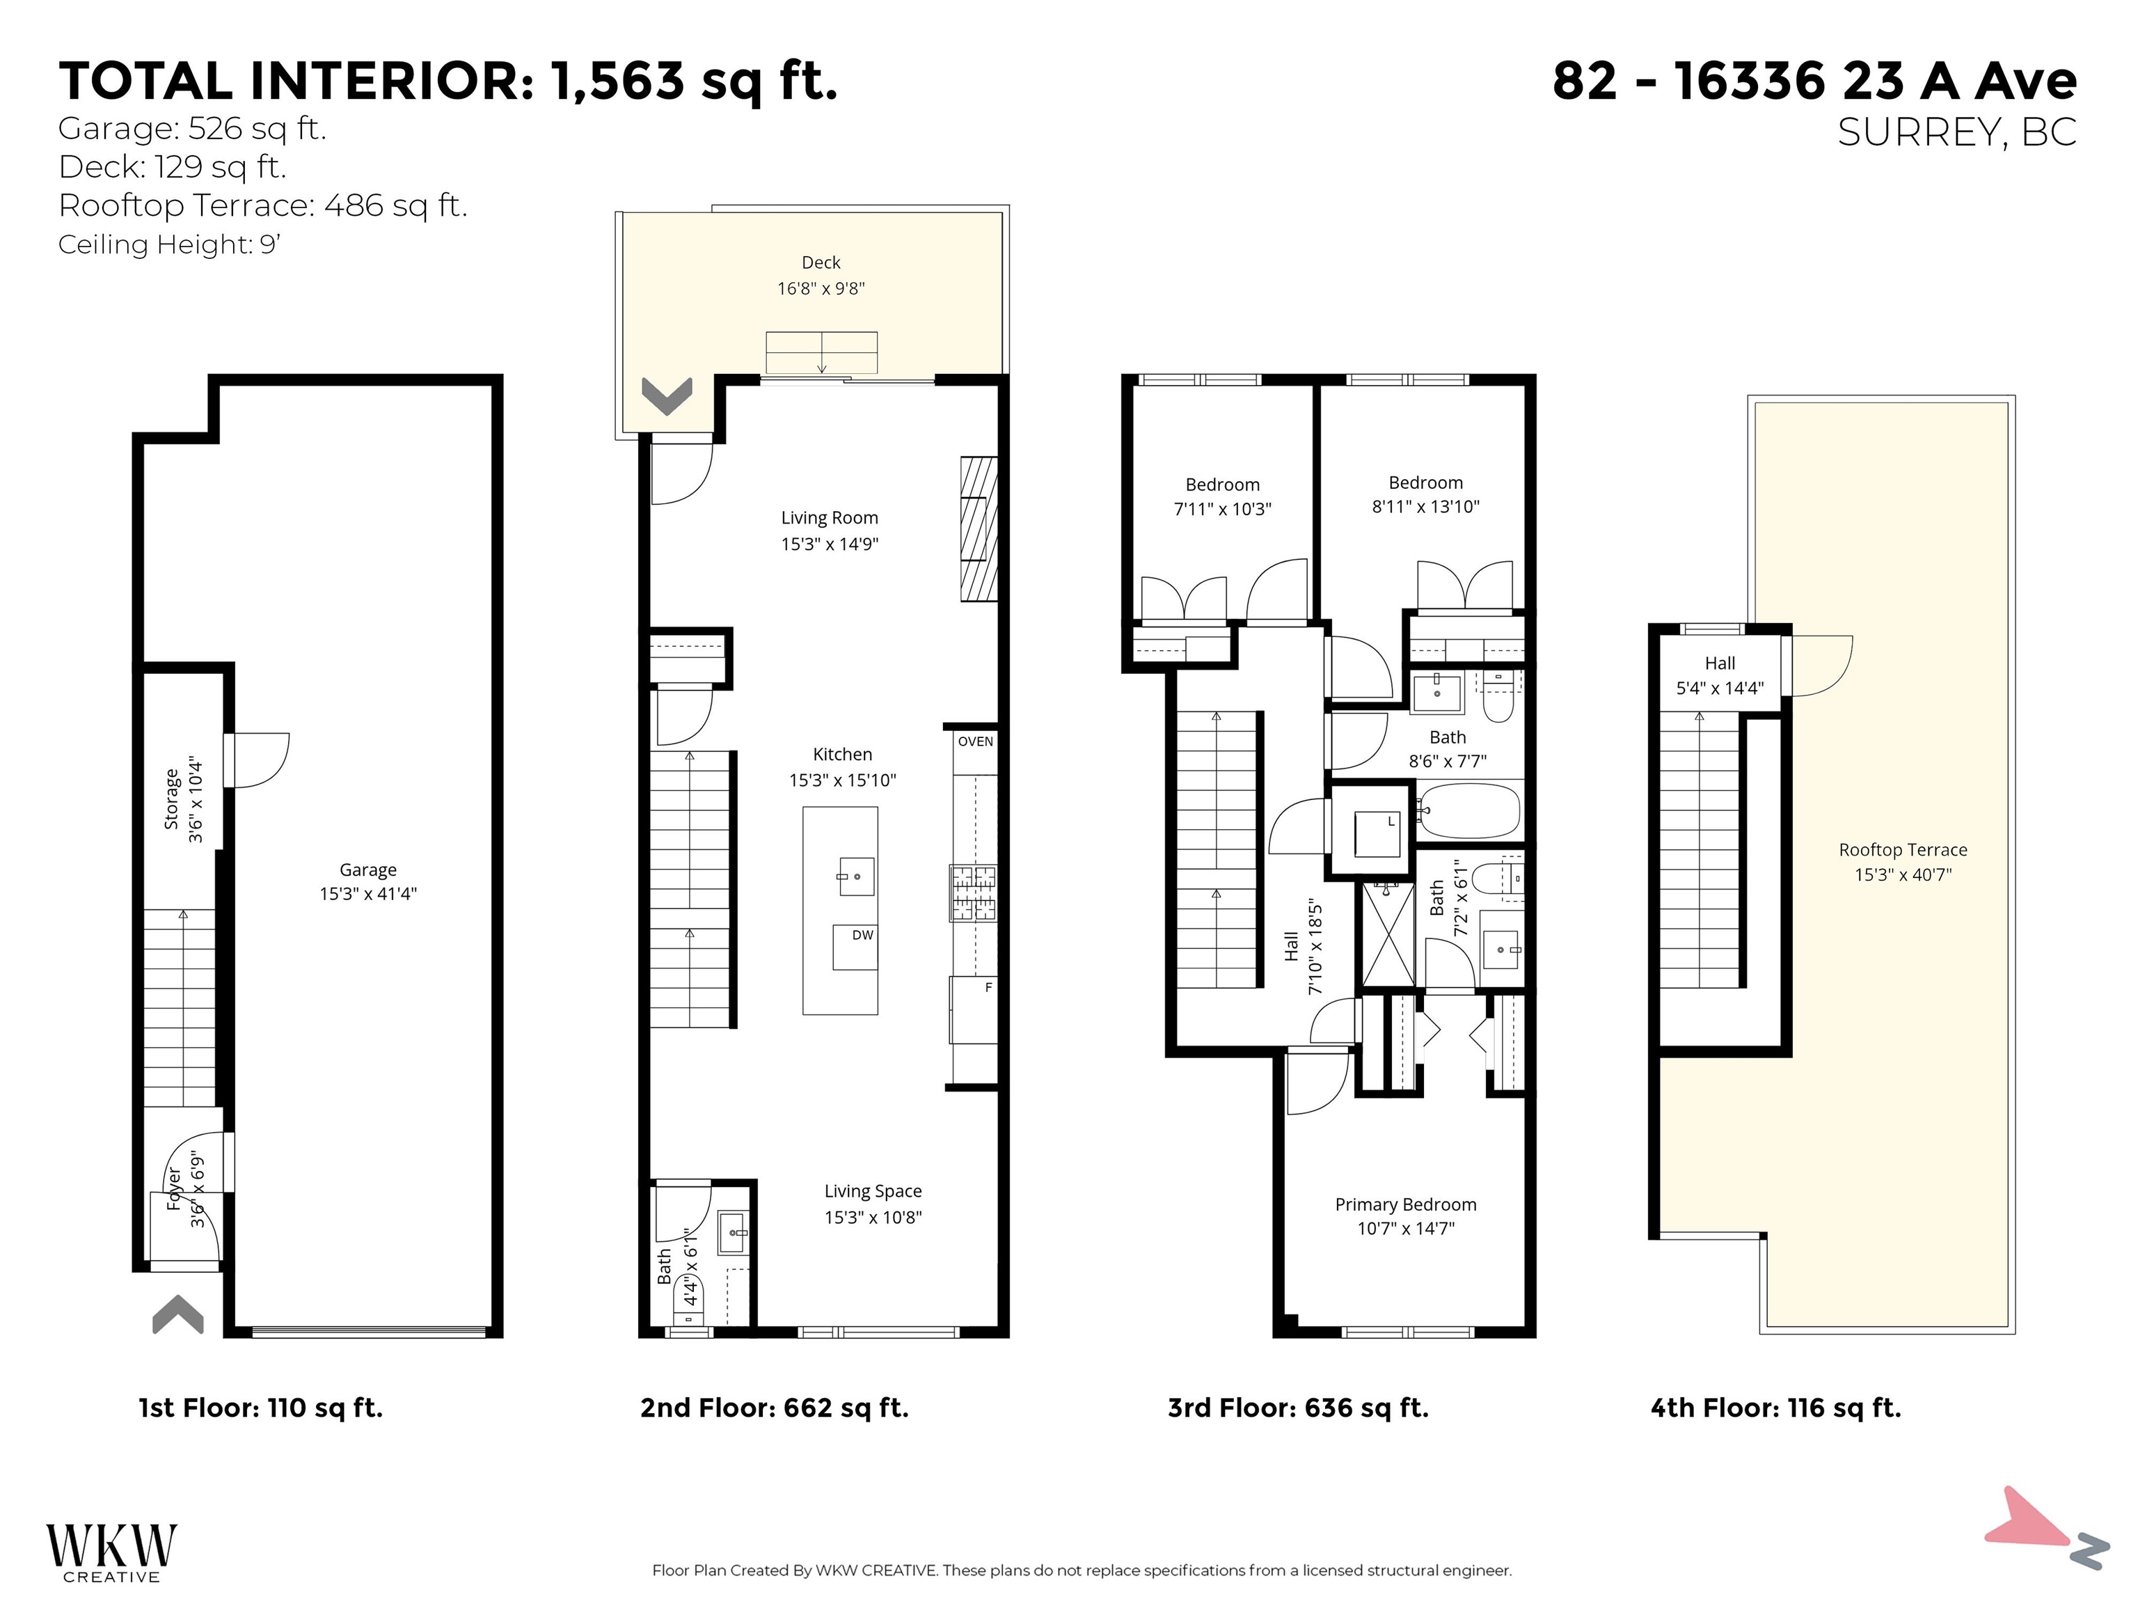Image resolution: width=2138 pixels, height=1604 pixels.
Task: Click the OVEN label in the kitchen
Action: (x=975, y=741)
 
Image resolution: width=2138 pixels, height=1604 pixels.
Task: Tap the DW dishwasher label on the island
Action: (x=862, y=935)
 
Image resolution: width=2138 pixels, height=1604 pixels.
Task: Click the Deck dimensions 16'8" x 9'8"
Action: (x=821, y=288)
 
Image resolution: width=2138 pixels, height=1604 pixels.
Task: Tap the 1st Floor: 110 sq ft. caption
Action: (x=261, y=1408)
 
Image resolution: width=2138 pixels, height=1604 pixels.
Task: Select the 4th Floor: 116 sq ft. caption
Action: (x=1775, y=1408)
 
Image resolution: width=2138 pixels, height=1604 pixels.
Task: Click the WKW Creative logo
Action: (x=111, y=1552)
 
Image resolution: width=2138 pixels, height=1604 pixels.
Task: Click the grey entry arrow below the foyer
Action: (x=178, y=1315)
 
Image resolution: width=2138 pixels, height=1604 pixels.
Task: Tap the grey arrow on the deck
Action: (x=667, y=395)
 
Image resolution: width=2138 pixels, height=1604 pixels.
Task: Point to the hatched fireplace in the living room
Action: (x=977, y=529)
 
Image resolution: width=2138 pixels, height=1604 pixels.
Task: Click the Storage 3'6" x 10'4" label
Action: (x=184, y=800)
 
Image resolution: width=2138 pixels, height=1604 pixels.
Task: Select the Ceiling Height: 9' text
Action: (x=169, y=244)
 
